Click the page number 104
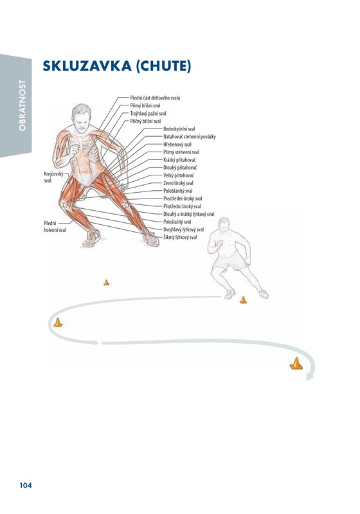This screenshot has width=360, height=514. (26, 485)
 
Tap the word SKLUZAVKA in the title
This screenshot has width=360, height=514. (87, 66)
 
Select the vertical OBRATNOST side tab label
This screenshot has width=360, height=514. (22, 105)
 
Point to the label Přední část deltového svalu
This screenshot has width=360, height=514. (155, 98)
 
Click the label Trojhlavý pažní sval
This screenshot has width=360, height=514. (148, 114)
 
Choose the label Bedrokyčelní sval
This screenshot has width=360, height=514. (179, 129)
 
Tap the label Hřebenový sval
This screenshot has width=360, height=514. (177, 144)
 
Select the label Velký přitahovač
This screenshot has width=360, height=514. (178, 175)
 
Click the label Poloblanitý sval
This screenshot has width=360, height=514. (177, 191)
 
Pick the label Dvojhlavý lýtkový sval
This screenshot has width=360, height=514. (183, 229)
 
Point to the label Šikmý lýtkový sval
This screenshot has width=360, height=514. (180, 237)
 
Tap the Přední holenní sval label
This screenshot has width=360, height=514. (55, 227)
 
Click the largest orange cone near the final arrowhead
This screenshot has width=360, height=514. (296, 364)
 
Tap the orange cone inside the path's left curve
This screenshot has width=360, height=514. (58, 323)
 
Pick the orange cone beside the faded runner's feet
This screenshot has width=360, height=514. (243, 300)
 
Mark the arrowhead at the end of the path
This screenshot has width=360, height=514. (310, 378)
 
